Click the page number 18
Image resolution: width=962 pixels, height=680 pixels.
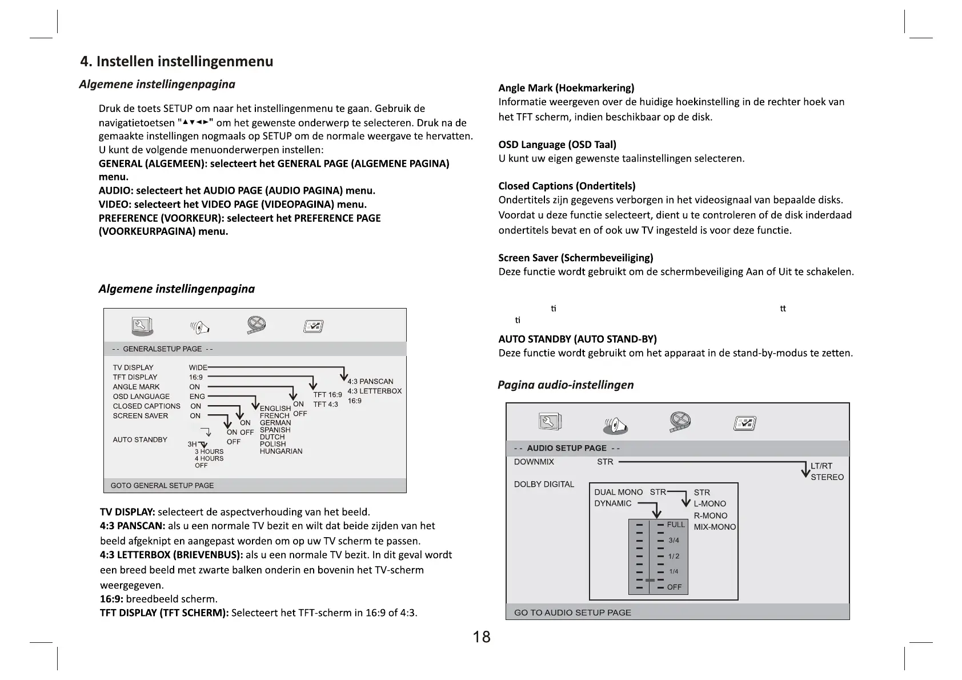482,637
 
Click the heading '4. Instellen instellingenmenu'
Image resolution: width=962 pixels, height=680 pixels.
177,61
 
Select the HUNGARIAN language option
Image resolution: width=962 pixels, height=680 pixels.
280,451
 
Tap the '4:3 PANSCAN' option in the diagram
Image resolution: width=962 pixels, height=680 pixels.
370,381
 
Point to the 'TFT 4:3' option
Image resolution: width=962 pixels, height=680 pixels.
326,405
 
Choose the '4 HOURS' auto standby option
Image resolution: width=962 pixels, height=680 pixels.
209,458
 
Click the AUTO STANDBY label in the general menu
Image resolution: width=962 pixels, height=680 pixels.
140,439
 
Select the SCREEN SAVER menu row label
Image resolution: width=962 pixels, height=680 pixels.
141,415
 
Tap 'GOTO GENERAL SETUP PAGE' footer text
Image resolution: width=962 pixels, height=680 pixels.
162,485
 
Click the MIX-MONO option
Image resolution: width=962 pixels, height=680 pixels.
715,527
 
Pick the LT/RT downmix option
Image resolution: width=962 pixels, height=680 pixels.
821,466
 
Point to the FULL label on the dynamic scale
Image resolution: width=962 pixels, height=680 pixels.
676,525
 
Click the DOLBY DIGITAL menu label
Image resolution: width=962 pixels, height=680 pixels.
544,484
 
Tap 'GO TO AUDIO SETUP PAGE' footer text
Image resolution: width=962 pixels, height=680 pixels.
572,612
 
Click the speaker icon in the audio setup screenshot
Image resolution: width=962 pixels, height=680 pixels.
615,425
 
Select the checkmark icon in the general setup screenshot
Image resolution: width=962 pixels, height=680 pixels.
314,326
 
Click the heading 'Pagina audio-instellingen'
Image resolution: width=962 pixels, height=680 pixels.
566,385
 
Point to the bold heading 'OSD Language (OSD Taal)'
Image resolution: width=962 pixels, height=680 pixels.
557,145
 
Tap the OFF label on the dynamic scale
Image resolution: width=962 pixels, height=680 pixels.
674,587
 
